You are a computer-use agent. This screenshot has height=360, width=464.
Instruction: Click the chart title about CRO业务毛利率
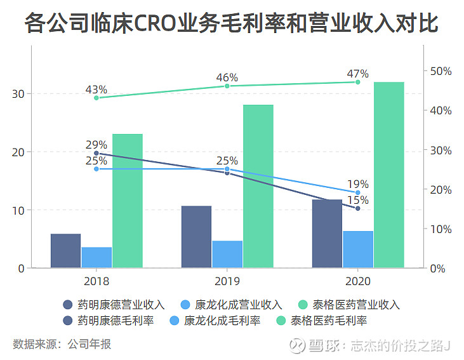click(232, 23)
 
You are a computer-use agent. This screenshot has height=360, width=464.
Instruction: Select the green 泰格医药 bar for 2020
click(389, 175)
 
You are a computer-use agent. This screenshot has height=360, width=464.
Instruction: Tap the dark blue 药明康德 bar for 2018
click(66, 251)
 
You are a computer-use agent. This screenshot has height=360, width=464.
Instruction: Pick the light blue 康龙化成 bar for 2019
click(227, 254)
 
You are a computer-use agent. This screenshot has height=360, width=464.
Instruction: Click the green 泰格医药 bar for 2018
click(128, 201)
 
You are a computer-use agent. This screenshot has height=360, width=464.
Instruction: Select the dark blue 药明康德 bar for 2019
click(196, 237)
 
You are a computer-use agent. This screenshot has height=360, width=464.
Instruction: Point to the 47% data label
click(357, 74)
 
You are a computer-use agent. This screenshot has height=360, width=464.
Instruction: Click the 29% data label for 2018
click(96, 145)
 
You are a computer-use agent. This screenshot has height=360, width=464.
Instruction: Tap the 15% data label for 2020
click(357, 200)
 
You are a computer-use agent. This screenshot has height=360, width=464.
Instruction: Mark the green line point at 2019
click(227, 86)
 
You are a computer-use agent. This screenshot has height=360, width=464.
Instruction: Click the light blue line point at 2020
click(358, 192)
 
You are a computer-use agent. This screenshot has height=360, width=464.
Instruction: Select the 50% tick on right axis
click(439, 71)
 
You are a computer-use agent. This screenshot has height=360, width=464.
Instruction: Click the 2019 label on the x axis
click(227, 280)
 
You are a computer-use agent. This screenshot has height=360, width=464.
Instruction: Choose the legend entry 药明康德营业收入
click(114, 305)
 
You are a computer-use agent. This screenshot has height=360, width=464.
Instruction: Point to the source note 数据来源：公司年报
click(62, 344)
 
